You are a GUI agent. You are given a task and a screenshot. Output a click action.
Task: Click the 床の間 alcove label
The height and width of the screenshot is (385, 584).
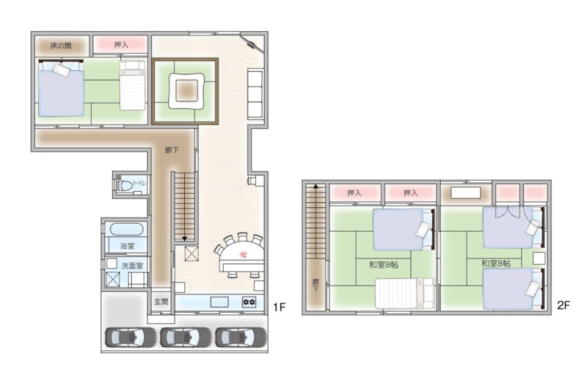point(61,46)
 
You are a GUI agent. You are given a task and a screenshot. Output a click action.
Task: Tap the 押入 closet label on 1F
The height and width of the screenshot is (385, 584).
point(121,45)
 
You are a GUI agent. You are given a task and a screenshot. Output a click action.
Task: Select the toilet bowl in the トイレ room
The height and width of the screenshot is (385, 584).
point(125,185)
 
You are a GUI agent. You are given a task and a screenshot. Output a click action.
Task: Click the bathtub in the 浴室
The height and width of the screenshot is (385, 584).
point(126,229)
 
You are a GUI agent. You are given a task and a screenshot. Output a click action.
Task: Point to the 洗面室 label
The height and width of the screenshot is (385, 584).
point(132,265)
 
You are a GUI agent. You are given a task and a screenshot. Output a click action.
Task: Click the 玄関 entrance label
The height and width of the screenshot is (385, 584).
point(161,302)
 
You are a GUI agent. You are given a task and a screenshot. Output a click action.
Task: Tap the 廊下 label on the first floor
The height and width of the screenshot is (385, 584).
point(172,150)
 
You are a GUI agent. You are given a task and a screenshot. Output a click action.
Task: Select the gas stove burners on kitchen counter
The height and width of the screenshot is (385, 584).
point(249,302)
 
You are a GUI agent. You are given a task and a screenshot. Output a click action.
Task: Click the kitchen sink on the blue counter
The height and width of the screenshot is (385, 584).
point(220,302)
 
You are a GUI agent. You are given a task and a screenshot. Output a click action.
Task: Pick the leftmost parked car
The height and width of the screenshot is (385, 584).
point(131,337)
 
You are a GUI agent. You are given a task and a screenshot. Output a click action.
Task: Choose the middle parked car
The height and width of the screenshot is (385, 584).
point(186,337)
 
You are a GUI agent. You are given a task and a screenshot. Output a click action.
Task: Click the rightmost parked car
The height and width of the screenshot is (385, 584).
point(241,337)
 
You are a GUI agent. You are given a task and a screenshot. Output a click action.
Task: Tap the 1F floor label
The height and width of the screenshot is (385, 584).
point(279,307)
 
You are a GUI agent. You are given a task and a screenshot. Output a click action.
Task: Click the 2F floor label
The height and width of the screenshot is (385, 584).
point(563,305)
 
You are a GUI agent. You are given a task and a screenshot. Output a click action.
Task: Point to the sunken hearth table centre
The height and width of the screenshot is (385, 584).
point(186,91)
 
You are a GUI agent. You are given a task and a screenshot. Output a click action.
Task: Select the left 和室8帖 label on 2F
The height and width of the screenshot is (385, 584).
point(384,265)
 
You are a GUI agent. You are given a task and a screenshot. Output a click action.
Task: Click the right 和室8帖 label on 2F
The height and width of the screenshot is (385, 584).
point(496,264)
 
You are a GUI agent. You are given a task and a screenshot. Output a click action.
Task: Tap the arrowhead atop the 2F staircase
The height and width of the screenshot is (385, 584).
point(316,186)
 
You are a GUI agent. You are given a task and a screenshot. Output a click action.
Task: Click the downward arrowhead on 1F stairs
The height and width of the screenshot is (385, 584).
point(184,239)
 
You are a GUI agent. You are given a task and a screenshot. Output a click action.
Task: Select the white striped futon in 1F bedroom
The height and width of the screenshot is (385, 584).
point(132,85)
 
